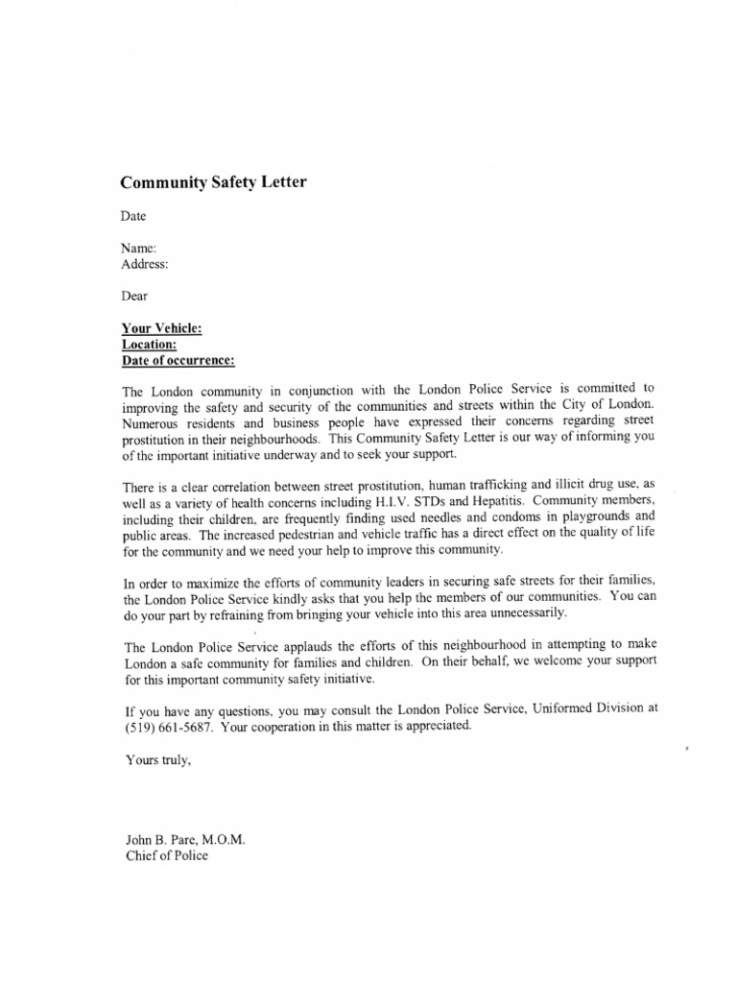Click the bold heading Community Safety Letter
tap(213, 182)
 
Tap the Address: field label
tap(145, 263)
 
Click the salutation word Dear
tap(134, 297)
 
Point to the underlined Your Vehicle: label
tap(162, 328)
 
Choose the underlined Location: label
tap(149, 345)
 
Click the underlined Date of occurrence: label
tap(178, 361)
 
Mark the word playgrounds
tap(587, 517)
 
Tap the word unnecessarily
tap(522, 612)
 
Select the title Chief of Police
tap(166, 855)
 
